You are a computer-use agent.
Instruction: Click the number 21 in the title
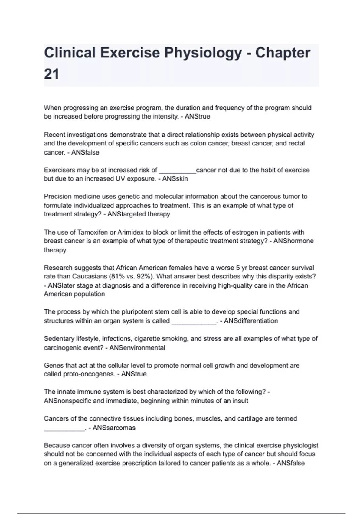(51, 74)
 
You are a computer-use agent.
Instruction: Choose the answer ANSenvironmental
(137, 348)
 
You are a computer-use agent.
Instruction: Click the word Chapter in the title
(283, 53)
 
